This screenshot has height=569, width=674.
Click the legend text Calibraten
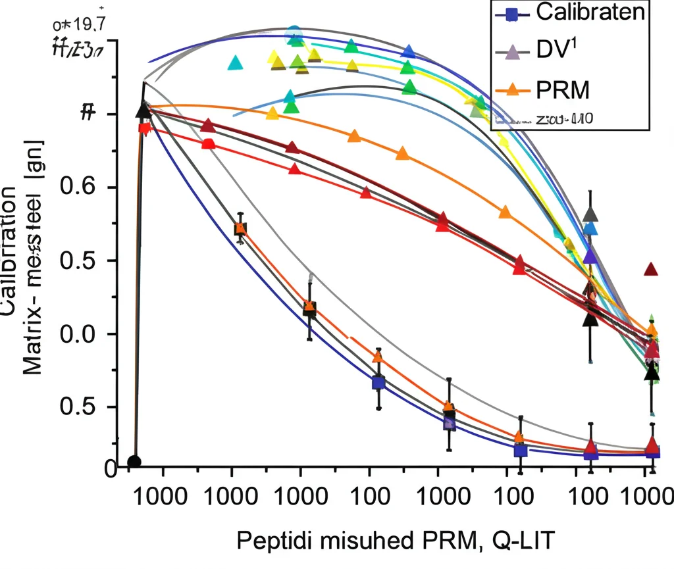pyautogui.click(x=590, y=12)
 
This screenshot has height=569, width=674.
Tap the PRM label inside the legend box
pyautogui.click(x=562, y=87)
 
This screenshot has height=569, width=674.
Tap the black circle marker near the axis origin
pyautogui.click(x=134, y=462)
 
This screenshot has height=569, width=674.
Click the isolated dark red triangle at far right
pyautogui.click(x=651, y=270)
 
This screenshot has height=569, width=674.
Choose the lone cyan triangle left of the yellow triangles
pyautogui.click(x=236, y=63)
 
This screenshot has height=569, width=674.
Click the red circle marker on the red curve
pyautogui.click(x=207, y=144)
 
